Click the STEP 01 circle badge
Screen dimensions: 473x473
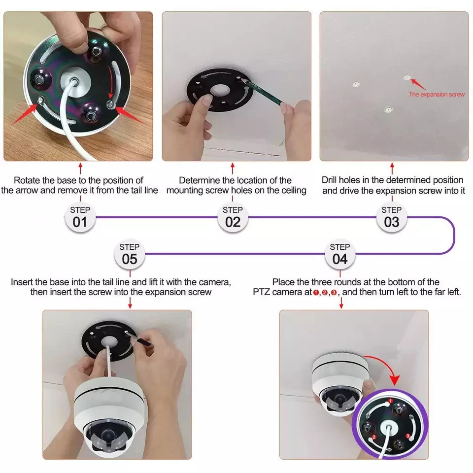pyautogui.click(x=80, y=216)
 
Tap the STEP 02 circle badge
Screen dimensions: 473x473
pyautogui.click(x=233, y=216)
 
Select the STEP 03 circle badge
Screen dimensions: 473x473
pyautogui.click(x=391, y=216)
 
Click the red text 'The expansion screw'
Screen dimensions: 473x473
pyautogui.click(x=436, y=94)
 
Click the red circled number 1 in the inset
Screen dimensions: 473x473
pyautogui.click(x=391, y=402)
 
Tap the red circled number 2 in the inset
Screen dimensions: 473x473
pyautogui.click(x=374, y=437)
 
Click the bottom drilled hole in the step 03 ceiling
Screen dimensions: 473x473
pyautogui.click(x=388, y=109)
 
